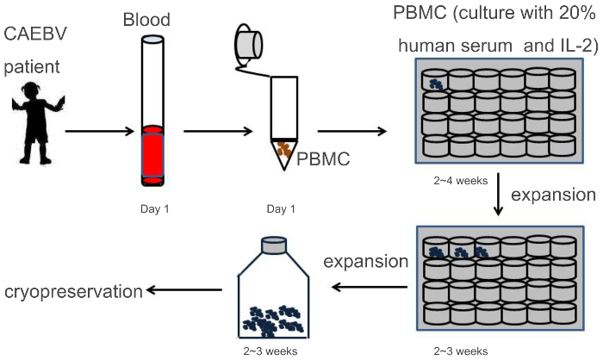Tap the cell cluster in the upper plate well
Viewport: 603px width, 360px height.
pos(437,83)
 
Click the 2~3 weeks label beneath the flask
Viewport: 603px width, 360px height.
pos(273,351)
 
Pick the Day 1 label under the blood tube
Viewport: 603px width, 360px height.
pos(152,209)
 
